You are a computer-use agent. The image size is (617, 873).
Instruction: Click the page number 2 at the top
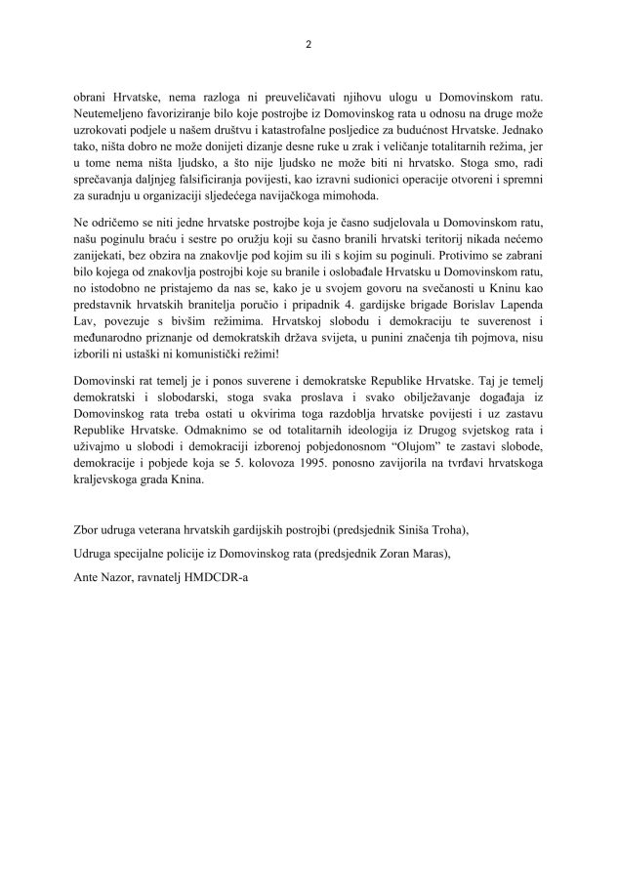[308, 44]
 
